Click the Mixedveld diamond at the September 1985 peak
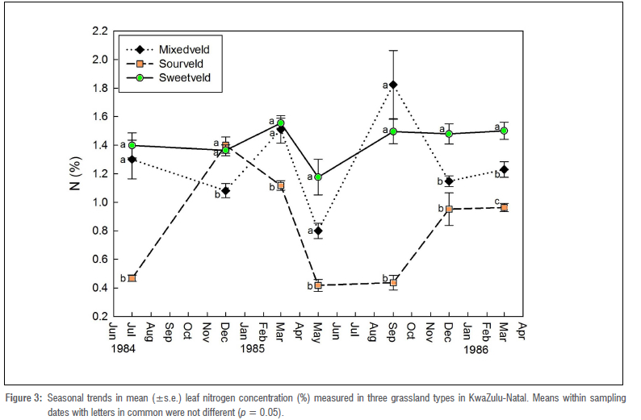coord(393,85)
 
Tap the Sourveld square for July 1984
coord(132,278)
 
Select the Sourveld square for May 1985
coord(318,285)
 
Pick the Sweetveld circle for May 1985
coord(318,177)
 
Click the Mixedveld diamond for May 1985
coord(318,231)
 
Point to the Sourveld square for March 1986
coord(504,207)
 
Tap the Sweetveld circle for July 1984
coord(132,145)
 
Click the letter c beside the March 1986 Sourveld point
coord(496,201)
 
